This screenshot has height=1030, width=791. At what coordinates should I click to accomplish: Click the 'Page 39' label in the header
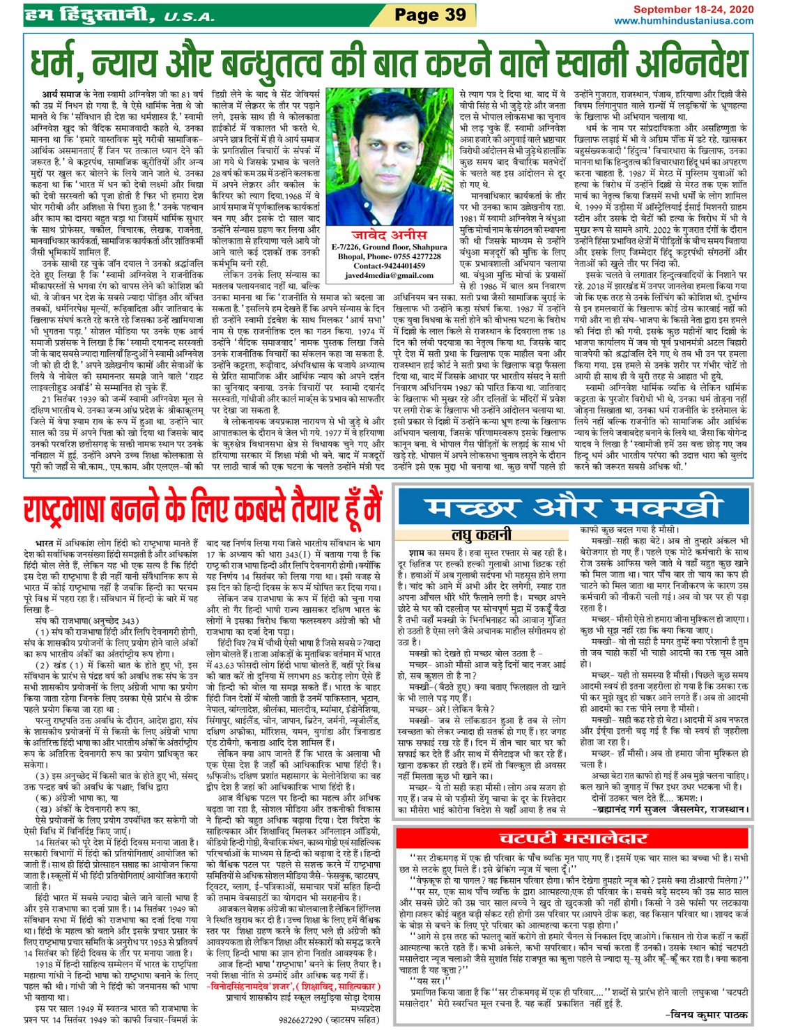tap(430, 15)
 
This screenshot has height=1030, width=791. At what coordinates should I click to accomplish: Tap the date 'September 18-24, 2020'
tap(693, 10)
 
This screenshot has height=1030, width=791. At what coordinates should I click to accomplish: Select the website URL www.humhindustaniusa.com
tap(683, 21)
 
